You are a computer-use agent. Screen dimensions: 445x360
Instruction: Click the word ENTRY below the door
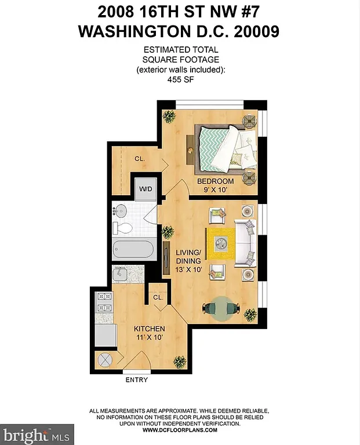click(136, 380)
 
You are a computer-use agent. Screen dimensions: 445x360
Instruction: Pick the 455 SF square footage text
click(180, 81)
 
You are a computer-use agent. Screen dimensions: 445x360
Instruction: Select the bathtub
click(134, 250)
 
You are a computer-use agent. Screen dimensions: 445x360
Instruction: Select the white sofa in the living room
click(243, 244)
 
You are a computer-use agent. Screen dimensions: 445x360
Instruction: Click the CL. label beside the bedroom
click(140, 158)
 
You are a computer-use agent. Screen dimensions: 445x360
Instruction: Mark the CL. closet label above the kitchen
click(158, 297)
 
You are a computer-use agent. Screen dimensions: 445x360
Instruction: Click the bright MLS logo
click(30, 434)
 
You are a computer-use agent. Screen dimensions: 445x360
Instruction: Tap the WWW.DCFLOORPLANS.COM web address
click(180, 430)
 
